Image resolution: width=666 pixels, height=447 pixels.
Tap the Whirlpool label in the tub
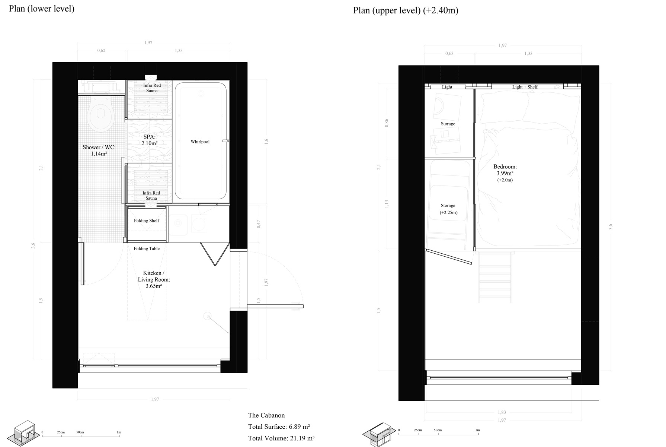pos(200,142)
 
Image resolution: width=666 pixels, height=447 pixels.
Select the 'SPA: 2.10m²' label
pos(149,140)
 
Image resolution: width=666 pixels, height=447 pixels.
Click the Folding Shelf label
pos(146,221)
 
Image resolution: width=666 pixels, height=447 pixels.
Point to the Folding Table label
pos(147,248)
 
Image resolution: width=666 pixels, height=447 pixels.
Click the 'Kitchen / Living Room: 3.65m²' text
pos(153,279)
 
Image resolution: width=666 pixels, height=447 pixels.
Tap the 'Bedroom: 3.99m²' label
pos(505,170)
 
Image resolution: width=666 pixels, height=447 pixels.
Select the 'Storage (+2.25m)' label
pos(448,209)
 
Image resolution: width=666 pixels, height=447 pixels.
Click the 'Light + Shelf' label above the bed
pos(525,87)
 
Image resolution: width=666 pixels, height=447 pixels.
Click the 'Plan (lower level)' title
pos(42,9)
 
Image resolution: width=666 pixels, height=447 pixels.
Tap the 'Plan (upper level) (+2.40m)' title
pos(406,10)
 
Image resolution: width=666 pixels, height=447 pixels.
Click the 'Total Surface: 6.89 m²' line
pos(279,427)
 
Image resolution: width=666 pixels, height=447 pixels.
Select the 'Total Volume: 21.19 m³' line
pos(281,438)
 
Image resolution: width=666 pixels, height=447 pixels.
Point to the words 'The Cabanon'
pos(266,415)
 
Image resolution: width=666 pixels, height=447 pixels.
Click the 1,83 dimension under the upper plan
pos(502,412)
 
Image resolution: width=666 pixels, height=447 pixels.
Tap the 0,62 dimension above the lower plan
pos(101,50)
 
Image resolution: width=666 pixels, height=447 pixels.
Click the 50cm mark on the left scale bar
pos(80,432)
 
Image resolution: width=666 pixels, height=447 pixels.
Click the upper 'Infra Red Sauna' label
pos(152,88)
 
